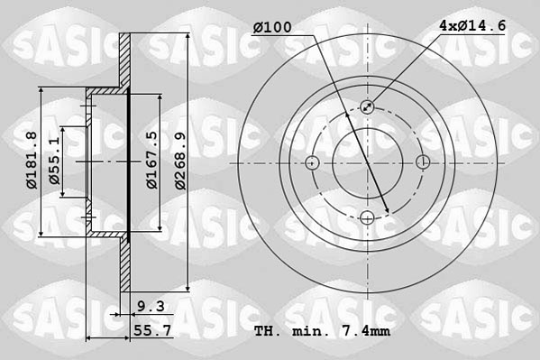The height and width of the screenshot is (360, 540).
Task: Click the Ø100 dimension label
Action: click(272, 28)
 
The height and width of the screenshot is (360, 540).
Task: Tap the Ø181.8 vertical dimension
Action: click(32, 160)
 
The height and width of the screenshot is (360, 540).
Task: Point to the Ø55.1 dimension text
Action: click(55, 161)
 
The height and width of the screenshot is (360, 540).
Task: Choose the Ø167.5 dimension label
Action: click(152, 160)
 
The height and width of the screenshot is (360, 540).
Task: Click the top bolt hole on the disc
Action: click(368, 106)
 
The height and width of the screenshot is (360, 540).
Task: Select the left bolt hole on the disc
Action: click(313, 162)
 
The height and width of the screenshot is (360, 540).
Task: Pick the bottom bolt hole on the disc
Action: click(368, 217)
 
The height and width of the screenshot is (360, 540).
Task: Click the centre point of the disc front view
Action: click(368, 162)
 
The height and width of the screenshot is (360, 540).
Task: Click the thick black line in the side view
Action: click(129, 162)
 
